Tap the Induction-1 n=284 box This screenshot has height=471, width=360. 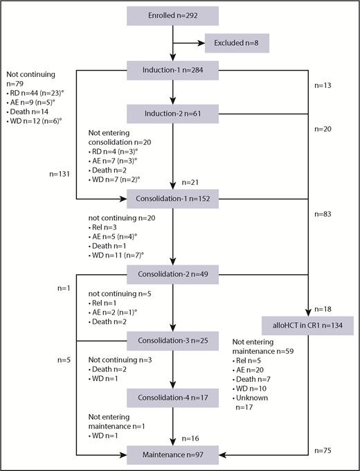click(x=172, y=70)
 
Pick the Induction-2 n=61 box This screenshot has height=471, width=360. click(x=172, y=114)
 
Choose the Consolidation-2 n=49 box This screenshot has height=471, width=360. click(x=172, y=275)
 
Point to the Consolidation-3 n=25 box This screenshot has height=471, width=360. click(x=172, y=341)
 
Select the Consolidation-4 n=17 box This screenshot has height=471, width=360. click(x=172, y=398)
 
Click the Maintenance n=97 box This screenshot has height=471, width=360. click(x=172, y=455)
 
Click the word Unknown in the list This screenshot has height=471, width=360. click(x=256, y=398)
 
